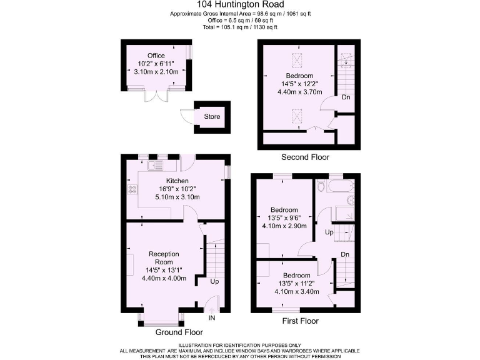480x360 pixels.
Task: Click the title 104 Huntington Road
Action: tap(240, 5)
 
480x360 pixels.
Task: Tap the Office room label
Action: tap(156, 56)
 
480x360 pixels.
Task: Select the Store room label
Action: tap(212, 117)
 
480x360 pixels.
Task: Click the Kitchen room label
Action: tap(159, 181)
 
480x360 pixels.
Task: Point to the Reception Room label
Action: tap(164, 258)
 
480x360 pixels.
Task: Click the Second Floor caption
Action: tap(305, 157)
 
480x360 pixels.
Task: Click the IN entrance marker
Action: tap(211, 318)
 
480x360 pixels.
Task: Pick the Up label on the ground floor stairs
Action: tap(214, 282)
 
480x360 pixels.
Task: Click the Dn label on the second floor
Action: tap(345, 97)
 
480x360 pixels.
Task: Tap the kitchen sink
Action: tap(154, 167)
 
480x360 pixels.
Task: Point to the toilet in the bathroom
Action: tap(321, 186)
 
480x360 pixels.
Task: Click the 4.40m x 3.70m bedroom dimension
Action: tap(299, 92)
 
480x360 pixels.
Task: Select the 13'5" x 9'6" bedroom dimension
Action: tap(283, 218)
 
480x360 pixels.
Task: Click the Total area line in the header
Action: tap(240, 27)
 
